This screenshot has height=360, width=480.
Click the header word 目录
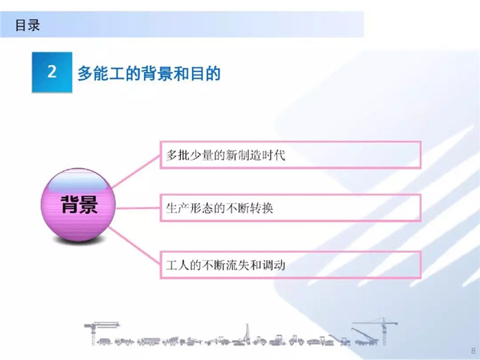click(27, 25)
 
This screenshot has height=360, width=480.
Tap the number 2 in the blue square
click(52, 71)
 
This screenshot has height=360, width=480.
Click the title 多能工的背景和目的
click(149, 73)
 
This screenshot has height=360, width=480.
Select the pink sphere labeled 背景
click(78, 204)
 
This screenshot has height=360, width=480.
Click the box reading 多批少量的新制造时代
click(291, 154)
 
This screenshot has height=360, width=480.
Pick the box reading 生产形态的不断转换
click(291, 208)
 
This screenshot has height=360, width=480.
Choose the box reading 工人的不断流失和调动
click(291, 265)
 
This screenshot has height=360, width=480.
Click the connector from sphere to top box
click(136, 171)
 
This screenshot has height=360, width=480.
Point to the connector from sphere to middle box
click(138, 208)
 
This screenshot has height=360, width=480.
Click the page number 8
click(474, 350)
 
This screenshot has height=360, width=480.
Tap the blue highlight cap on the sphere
click(78, 182)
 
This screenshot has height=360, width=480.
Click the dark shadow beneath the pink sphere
click(78, 241)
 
